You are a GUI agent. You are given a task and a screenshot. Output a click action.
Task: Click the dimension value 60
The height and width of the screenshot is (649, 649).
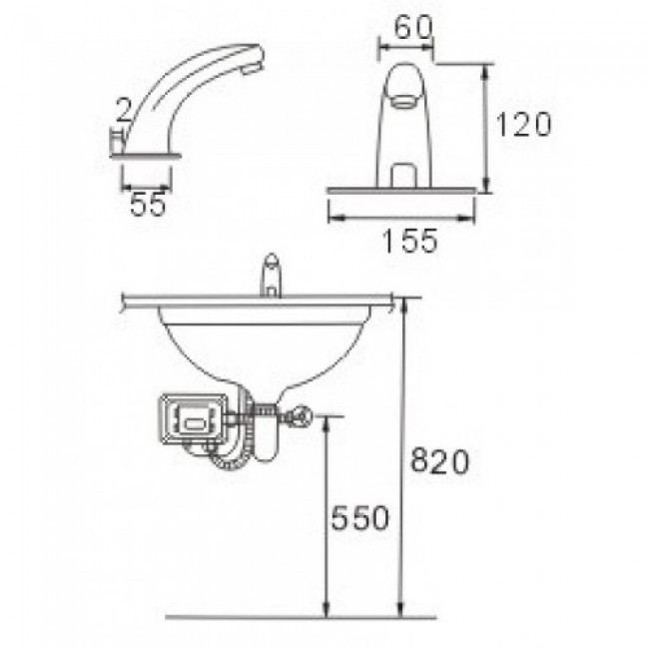click(x=406, y=28)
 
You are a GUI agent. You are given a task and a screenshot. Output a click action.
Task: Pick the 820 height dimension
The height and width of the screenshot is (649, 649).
click(x=440, y=462)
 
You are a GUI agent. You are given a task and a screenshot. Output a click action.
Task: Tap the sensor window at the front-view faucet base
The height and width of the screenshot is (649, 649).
click(x=405, y=176)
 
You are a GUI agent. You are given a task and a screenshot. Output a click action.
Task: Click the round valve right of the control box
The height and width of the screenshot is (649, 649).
click(x=300, y=418)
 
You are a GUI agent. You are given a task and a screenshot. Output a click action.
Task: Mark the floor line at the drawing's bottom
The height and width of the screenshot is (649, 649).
click(x=300, y=617)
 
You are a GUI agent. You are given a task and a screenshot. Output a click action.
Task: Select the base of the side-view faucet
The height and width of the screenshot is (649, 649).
click(x=146, y=154)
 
